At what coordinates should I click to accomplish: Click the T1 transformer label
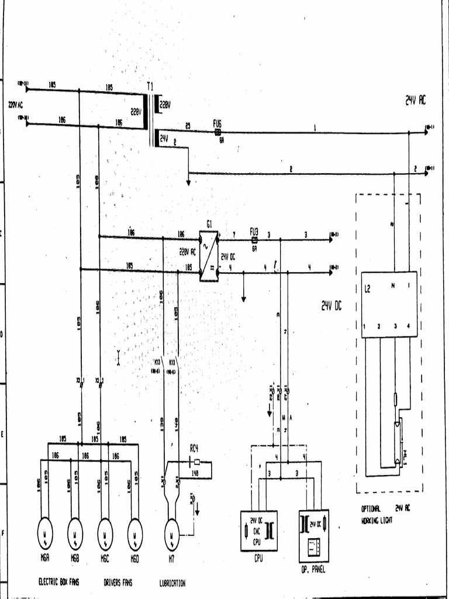pyautogui.click(x=150, y=86)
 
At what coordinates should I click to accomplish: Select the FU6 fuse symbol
pyautogui.click(x=217, y=132)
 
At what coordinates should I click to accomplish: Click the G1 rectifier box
pyautogui.click(x=209, y=256)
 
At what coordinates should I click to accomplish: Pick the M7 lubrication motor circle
pyautogui.click(x=171, y=534)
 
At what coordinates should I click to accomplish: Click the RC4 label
pyautogui.click(x=195, y=449)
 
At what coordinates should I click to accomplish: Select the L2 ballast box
pyautogui.click(x=389, y=304)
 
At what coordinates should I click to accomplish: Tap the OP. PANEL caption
pyautogui.click(x=313, y=568)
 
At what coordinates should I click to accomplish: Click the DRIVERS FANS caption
pyautogui.click(x=118, y=583)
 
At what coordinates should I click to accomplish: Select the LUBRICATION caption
pyautogui.click(x=172, y=583)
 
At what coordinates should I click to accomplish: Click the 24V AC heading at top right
pyautogui.click(x=415, y=101)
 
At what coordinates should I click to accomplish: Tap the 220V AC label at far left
pyautogui.click(x=15, y=105)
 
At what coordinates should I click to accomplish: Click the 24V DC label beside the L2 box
pyautogui.click(x=331, y=305)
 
